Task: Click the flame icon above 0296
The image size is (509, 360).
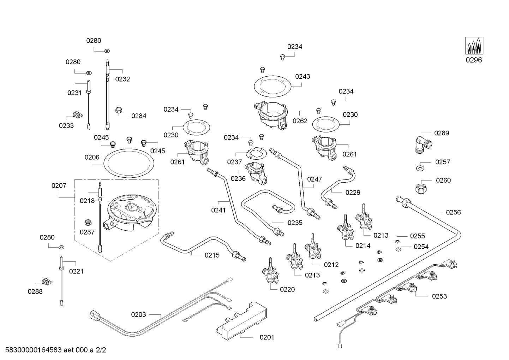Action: pos(474,46)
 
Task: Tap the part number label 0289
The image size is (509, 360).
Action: pos(442,133)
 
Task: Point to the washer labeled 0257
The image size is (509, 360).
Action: pos(420,167)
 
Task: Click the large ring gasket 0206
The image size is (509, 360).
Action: pos(129,164)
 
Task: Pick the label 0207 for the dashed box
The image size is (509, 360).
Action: pos(59,185)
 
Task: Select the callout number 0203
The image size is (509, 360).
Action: pos(138,314)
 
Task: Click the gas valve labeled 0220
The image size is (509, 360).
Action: pos(270,272)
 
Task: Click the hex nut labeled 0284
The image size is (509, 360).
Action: pos(119,111)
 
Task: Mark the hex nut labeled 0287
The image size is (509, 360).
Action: pos(88,223)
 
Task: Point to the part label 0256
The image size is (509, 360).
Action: pos(453,212)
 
